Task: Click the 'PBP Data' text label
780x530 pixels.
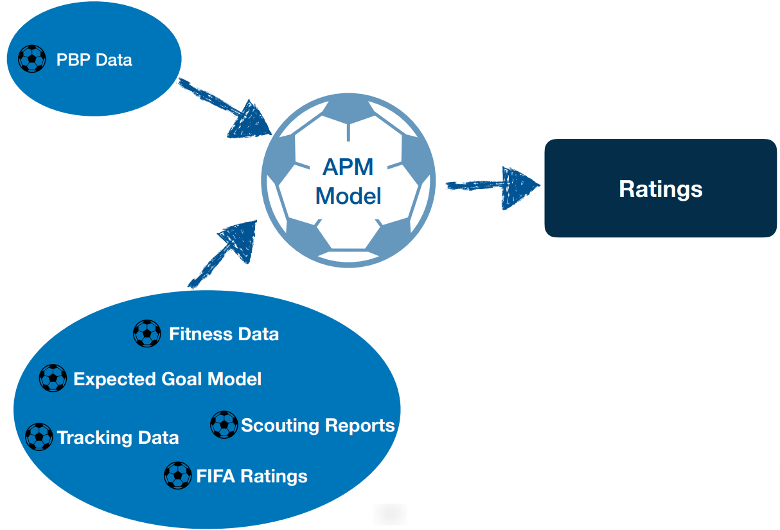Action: (x=94, y=60)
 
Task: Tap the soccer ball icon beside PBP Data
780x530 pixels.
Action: (x=31, y=59)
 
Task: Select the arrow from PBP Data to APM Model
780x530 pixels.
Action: (x=225, y=108)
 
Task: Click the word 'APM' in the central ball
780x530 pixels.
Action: (x=348, y=167)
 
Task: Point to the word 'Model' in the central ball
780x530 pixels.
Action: (x=348, y=196)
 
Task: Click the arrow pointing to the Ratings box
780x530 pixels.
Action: (x=493, y=188)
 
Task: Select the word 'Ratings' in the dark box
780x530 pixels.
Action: (x=660, y=189)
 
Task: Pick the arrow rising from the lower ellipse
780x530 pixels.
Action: (x=223, y=255)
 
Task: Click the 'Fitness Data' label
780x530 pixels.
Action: (x=224, y=334)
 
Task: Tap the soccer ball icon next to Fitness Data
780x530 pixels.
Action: (x=147, y=333)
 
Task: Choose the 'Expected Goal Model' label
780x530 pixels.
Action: (x=167, y=379)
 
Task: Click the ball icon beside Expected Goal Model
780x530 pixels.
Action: (x=53, y=378)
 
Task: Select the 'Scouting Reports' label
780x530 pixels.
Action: (x=317, y=426)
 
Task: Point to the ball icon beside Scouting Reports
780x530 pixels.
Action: (x=224, y=425)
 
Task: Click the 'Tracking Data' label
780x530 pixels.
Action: (x=118, y=438)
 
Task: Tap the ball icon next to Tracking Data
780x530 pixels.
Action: (x=39, y=437)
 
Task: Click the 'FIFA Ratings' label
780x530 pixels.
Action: (x=252, y=477)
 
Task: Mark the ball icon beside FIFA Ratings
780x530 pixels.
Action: (x=177, y=475)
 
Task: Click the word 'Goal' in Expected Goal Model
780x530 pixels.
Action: (x=181, y=379)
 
